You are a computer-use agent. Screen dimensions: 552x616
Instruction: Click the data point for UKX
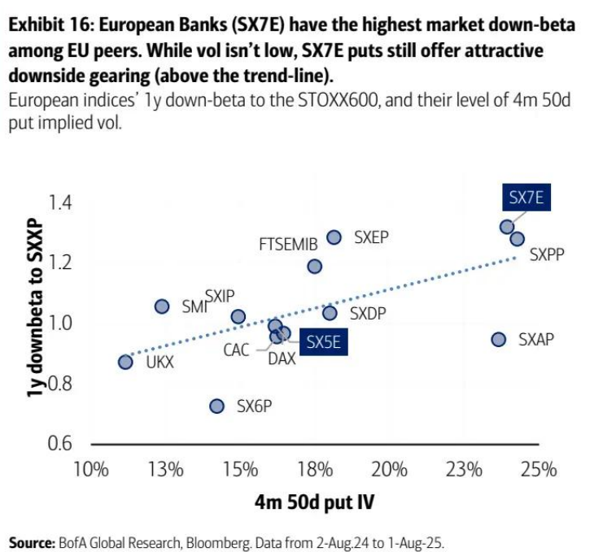[x=125, y=362]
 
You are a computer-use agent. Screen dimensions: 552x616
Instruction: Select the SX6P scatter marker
[x=216, y=406]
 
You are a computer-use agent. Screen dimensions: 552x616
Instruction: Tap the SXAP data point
[x=499, y=339]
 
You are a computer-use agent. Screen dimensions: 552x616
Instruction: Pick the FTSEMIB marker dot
[x=314, y=266]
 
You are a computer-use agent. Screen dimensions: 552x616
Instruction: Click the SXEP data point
[x=334, y=237]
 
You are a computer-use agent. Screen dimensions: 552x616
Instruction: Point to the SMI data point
[x=162, y=306]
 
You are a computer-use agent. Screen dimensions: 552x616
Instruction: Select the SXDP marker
[x=330, y=313]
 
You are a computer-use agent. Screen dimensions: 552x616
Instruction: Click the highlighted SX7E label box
[x=526, y=197]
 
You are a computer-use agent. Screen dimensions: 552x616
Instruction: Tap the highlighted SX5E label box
[x=322, y=343]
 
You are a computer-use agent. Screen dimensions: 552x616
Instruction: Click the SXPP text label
[x=547, y=254]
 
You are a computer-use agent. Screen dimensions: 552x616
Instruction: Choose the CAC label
[x=237, y=350]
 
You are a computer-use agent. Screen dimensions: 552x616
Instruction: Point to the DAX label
[x=282, y=358]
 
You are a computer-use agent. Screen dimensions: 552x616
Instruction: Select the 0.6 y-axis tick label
[x=60, y=444]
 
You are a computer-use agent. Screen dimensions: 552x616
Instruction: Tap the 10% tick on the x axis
[x=91, y=469]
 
